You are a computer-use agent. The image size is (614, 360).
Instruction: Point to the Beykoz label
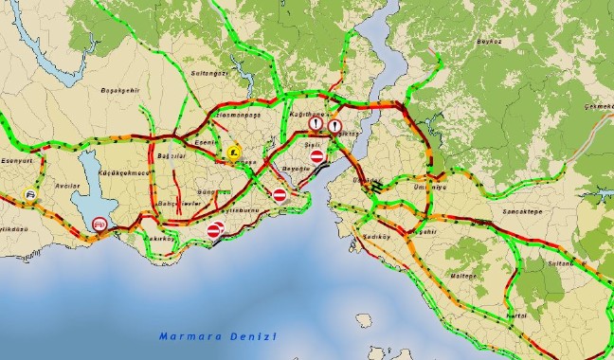click(489, 42)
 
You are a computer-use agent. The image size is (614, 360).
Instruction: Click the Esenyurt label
click(18, 161)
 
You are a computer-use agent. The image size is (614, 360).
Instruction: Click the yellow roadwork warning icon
click(233, 151)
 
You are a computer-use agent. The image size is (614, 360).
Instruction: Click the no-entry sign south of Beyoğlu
click(280, 195)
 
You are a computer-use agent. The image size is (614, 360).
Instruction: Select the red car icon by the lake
click(99, 224)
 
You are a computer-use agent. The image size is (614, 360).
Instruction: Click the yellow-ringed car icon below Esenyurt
click(31, 196)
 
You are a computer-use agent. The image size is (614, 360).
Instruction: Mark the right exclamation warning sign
click(334, 124)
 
